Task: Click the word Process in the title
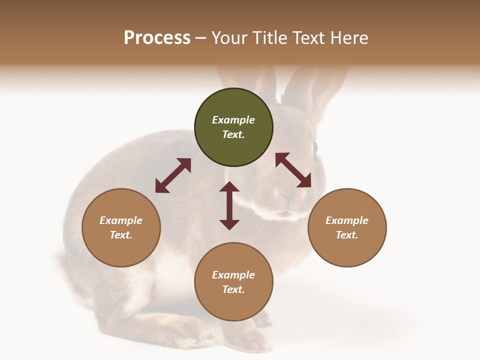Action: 157,38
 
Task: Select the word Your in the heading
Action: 230,38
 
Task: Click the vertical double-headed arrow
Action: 229,206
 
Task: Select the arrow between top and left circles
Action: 173,175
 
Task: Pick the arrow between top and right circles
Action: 293,170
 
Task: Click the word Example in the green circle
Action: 233,120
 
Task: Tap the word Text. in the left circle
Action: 121,235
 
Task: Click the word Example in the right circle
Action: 347,220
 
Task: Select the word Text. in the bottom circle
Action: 233,289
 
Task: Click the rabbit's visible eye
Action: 315,146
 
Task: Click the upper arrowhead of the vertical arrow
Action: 229,187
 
